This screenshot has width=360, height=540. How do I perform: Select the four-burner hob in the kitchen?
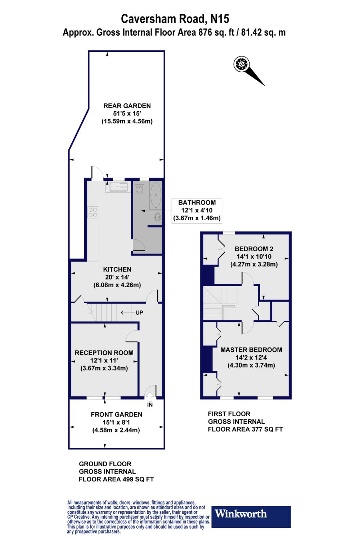pos(93,212)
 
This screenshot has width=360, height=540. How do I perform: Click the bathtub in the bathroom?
pos(156,195)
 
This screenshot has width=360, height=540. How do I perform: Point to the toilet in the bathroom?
pos(139,190)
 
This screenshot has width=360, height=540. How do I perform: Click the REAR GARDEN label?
pos(127,106)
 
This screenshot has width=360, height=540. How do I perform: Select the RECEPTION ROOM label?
pos(104,353)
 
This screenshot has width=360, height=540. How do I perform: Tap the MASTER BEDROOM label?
pos(251,350)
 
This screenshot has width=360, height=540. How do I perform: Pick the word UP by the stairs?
pos(139,312)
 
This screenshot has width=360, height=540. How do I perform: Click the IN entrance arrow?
pos(150,397)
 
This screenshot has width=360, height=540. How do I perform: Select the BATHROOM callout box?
pos(197,210)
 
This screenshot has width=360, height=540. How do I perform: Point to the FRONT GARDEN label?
pos(116,414)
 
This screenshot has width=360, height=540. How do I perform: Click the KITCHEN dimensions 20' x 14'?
pos(117,277)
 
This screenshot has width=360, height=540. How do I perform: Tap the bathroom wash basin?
pos(157,217)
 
